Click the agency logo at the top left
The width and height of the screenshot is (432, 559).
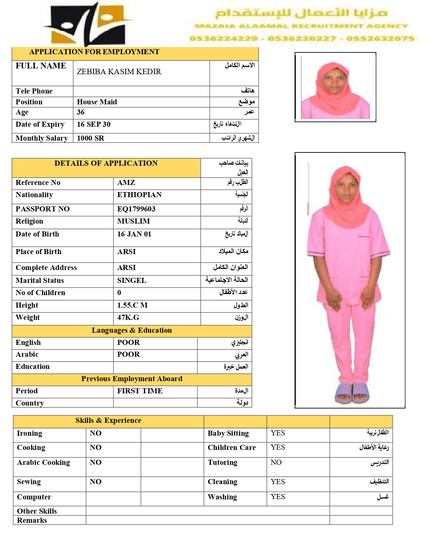pos(89,24)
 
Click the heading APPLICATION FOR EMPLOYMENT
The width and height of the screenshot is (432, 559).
pos(94,52)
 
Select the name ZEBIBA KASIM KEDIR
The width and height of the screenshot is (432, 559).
pos(119,72)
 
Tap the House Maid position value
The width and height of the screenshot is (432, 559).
pos(97,102)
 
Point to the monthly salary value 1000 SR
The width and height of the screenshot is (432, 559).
pos(90,138)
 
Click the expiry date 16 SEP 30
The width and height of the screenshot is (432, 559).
pos(94,124)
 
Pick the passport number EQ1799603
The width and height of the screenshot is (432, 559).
pos(136,209)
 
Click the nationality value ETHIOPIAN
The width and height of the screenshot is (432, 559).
pos(139,195)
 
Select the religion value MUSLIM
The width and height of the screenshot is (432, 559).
pos(133,221)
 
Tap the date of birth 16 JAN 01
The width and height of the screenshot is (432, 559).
pos(134,234)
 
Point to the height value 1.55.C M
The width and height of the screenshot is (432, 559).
pos(132,305)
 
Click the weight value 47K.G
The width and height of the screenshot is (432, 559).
pos(128,317)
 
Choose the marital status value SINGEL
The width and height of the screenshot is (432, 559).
pos(131,281)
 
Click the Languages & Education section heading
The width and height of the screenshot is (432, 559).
pos(132,330)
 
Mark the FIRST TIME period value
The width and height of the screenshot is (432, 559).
pos(140,391)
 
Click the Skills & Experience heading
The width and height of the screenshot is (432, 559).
pos(108,420)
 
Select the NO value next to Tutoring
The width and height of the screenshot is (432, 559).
pos(276,462)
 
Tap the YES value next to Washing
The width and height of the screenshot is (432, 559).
pos(278,497)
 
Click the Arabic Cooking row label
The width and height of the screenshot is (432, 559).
pos(43,462)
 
